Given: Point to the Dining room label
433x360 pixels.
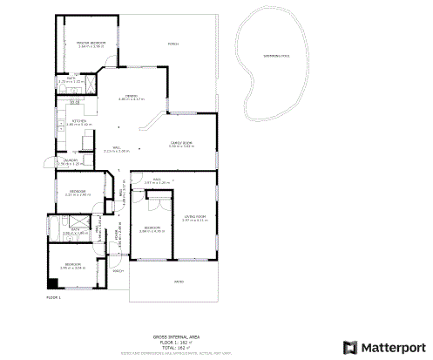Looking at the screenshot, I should [x=130, y=95].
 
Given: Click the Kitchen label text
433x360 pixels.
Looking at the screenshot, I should [x=78, y=120].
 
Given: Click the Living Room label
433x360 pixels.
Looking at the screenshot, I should [x=194, y=216].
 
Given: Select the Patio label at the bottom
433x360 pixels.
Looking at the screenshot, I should [x=179, y=282].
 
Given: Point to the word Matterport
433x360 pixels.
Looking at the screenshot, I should [x=394, y=346].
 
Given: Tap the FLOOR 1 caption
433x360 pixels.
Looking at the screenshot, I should [x=53, y=298].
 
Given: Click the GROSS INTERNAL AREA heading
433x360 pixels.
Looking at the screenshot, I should [x=176, y=336].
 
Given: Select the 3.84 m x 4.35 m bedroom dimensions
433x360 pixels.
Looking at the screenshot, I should [x=153, y=230].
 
